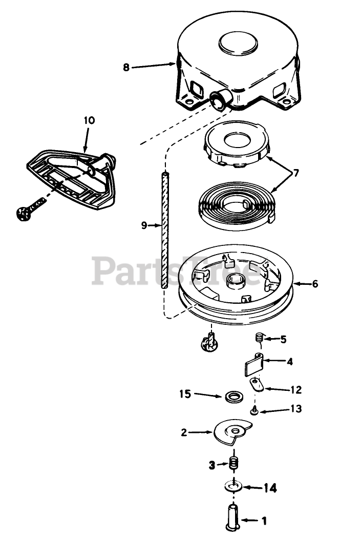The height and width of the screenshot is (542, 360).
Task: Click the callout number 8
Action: point(126,66)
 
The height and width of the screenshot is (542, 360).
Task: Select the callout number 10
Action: point(89,121)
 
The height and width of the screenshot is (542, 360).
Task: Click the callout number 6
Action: point(314,283)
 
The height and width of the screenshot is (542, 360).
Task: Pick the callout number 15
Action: point(185,394)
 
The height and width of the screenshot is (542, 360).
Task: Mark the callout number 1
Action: point(264,521)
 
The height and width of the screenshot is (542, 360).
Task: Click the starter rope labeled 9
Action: point(163,231)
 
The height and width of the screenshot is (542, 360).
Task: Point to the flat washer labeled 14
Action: point(234,485)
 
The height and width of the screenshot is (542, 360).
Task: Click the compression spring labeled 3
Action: point(235,464)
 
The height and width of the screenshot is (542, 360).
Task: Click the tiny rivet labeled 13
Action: point(254,410)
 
